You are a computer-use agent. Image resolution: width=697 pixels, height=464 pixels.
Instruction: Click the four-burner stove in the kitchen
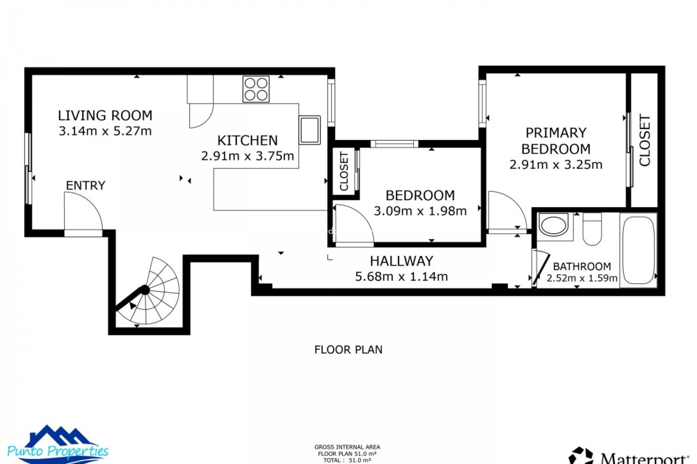pyautogui.click(x=256, y=89)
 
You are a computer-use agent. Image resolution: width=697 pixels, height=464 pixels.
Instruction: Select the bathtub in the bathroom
pyautogui.click(x=638, y=250)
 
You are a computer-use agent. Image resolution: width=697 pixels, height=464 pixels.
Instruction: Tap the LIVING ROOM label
pyautogui.click(x=105, y=116)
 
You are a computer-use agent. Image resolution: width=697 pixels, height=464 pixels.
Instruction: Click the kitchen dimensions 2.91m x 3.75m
pyautogui.click(x=247, y=156)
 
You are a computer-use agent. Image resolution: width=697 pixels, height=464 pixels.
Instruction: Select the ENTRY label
pyautogui.click(x=86, y=186)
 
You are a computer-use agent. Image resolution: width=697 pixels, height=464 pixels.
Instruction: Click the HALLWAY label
pyautogui.click(x=402, y=261)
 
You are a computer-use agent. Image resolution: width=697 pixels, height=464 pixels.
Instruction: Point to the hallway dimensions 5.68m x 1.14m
pyautogui.click(x=402, y=277)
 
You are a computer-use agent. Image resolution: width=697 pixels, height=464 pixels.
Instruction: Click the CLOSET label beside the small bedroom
pyautogui.click(x=344, y=171)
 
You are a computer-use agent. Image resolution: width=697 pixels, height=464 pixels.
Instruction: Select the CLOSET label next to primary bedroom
pyautogui.click(x=645, y=141)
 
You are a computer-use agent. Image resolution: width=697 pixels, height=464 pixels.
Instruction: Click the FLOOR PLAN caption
pyautogui.click(x=348, y=350)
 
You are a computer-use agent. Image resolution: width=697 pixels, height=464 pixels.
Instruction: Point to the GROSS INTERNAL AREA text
pyautogui.click(x=347, y=447)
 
